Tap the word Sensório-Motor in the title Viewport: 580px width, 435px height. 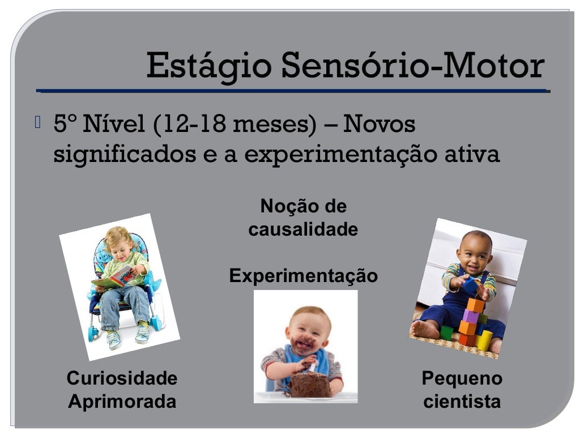click(412, 66)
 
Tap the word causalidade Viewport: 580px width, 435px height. click(303, 229)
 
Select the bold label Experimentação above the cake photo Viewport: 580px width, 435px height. click(303, 276)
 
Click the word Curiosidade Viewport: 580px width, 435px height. click(122, 378)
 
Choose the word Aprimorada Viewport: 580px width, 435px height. click(122, 402)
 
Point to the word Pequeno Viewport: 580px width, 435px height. click(462, 378)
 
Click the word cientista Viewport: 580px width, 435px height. click(462, 402)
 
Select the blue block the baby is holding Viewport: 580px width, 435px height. click(470, 285)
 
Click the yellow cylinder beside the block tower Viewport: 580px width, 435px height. click(484, 340)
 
